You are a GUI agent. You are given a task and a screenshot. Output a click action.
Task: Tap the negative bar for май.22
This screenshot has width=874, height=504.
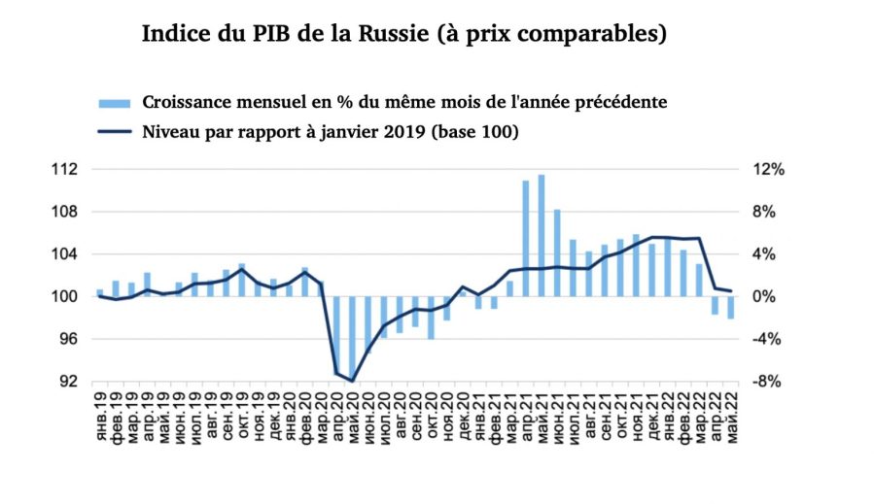click(x=731, y=307)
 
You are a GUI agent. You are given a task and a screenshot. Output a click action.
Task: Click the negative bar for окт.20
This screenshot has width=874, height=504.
click(x=430, y=318)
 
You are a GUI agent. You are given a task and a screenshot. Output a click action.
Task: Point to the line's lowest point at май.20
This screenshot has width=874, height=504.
click(x=352, y=381)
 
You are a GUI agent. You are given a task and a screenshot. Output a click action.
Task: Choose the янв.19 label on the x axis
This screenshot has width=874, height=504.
click(x=99, y=418)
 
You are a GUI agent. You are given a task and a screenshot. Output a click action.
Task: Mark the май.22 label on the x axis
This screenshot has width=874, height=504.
click(x=731, y=418)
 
